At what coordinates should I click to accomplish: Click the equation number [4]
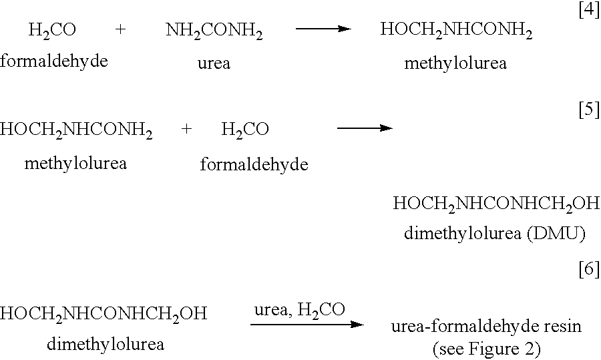pos(589,9)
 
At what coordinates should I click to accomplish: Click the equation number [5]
pos(589,110)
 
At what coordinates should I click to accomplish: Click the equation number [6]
pos(589,269)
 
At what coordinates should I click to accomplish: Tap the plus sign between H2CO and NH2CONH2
pos(120,30)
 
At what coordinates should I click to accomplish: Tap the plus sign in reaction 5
pos(186,129)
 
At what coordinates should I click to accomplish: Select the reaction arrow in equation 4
pos(323,29)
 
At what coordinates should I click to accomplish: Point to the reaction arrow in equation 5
pos(365,128)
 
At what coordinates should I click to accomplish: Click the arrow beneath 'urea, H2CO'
pos(307,325)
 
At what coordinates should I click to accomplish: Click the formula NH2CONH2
pos(214,31)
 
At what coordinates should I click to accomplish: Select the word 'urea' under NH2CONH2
pos(214,63)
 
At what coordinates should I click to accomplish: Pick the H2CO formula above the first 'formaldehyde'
pos(52,30)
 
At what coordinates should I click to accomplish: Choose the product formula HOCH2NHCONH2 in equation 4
pos(456,30)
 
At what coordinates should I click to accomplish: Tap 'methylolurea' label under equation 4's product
pos(455,63)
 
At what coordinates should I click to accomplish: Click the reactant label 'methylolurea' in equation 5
pos(75,164)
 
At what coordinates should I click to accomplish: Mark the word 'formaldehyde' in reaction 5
pos(254,164)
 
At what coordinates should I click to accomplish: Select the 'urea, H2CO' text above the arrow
pos(300,310)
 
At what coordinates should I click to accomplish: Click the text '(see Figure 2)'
pos(487,349)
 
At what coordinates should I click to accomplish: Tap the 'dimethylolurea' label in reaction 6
pos(106,344)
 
